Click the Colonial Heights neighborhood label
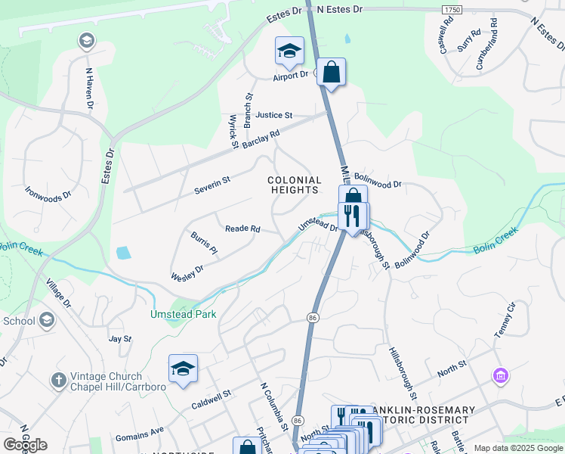pos(295,185)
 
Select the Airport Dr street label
pos(291,75)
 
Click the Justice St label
pos(273,115)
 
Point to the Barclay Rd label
pos(263,137)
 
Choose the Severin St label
pos(211,181)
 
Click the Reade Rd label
pos(242,229)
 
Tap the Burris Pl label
pos(203,243)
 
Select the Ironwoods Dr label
pos(48,194)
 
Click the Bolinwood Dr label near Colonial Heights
pos(378,183)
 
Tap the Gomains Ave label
pos(140,434)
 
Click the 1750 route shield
pos(452,9)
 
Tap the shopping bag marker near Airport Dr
pos(331,73)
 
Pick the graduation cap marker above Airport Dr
pos(289,51)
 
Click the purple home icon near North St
pos(499,375)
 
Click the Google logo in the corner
pos(25,445)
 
